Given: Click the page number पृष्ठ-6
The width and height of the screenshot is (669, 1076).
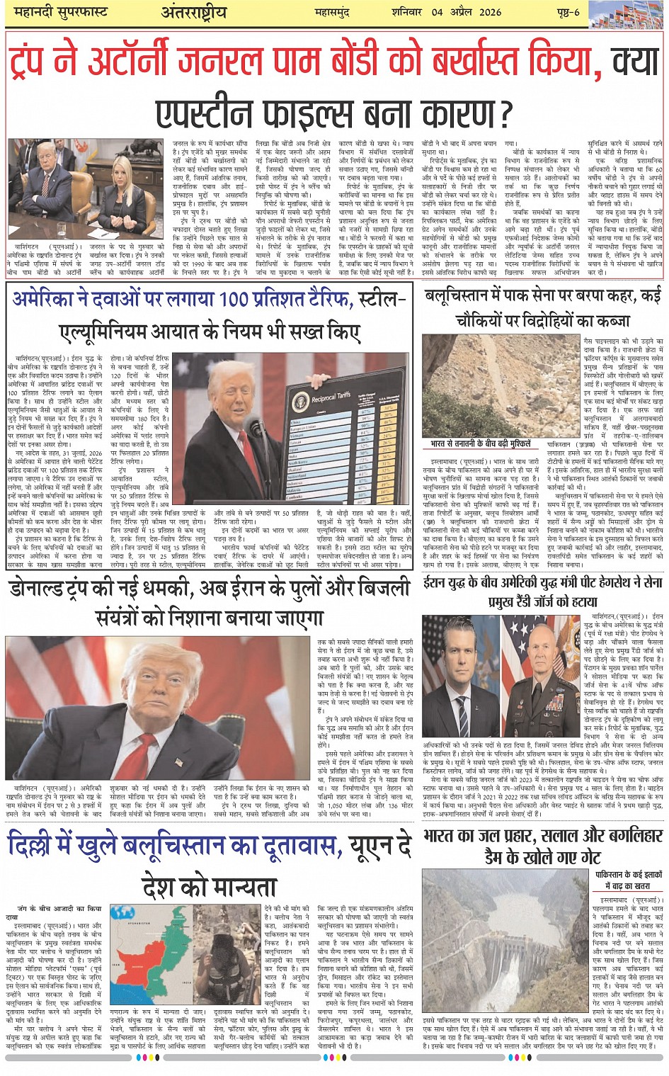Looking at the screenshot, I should tap(567, 12).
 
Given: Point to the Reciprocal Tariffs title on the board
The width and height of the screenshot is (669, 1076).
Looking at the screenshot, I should tap(321, 397).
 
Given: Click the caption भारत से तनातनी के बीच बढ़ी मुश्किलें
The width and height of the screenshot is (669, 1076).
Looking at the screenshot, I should tap(480, 444).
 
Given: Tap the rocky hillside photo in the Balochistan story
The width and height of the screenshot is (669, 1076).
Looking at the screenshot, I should tap(501, 386).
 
